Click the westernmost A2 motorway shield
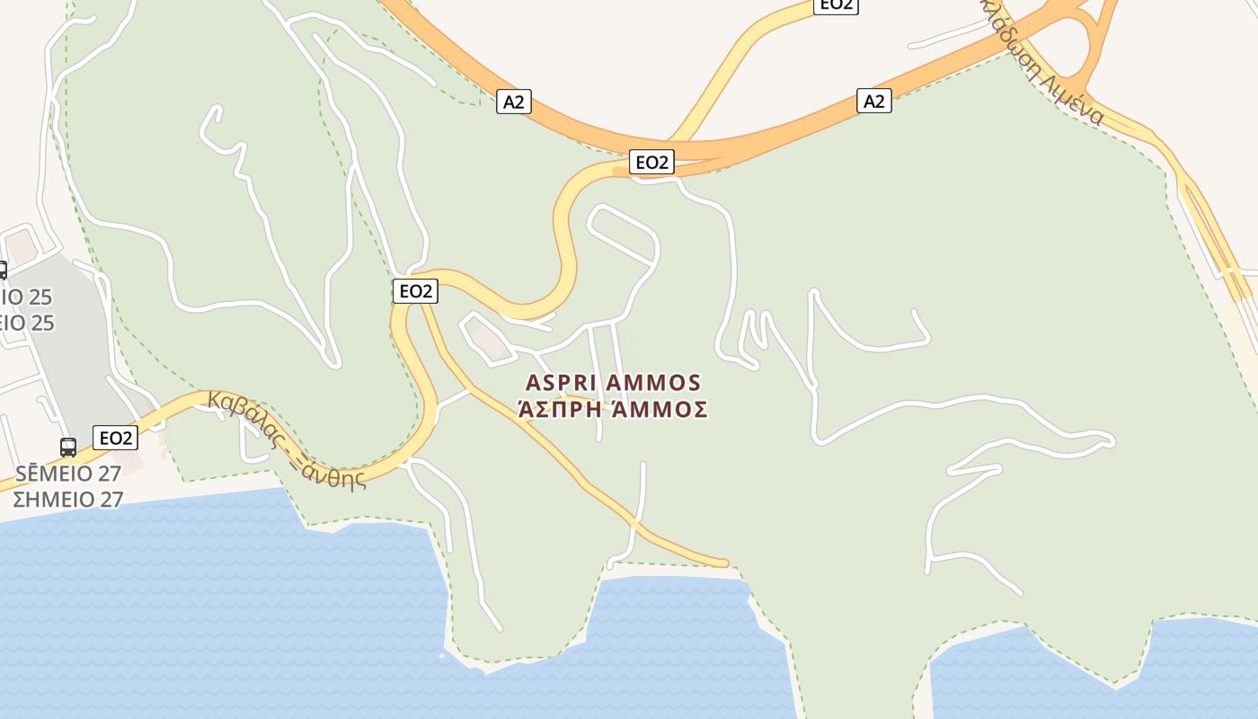point(513,102)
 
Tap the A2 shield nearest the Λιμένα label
point(873,101)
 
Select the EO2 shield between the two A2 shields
point(651,162)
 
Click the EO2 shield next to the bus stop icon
point(116,438)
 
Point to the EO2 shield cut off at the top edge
point(835,5)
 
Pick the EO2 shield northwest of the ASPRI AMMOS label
point(415,291)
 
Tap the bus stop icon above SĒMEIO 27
point(68,447)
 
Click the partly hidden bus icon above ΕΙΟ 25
point(3,270)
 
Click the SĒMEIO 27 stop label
point(67,474)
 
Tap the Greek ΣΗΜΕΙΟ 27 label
point(67,499)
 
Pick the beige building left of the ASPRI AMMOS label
point(488,339)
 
